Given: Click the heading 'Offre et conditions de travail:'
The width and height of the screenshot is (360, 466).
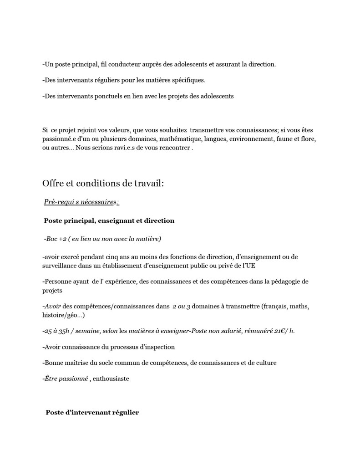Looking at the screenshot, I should pyautogui.click(x=103, y=183).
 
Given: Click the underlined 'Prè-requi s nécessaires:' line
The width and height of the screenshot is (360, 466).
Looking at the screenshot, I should pyautogui.click(x=81, y=202).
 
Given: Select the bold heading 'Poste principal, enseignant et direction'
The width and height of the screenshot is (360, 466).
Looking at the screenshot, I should pyautogui.click(x=109, y=220).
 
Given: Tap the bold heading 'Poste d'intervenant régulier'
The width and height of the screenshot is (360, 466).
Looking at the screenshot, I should pyautogui.click(x=92, y=412).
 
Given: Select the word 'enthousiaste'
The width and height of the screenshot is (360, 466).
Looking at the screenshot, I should pyautogui.click(x=111, y=379).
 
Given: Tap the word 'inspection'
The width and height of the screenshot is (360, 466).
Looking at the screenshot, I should pyautogui.click(x=159, y=347).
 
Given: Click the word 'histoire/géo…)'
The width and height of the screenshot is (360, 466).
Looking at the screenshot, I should pyautogui.click(x=63, y=315).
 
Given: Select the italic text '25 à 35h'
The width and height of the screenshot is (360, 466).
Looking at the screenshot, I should pyautogui.click(x=56, y=331).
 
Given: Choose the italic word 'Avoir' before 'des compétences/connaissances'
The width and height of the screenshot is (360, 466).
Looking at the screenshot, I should pyautogui.click(x=53, y=307).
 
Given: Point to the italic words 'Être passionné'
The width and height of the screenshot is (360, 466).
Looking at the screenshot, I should pyautogui.click(x=66, y=379).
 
